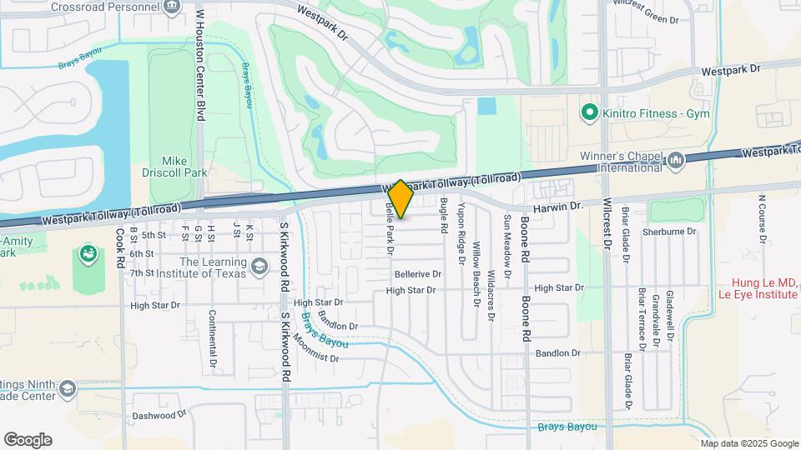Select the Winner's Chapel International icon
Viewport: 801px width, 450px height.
(677, 158)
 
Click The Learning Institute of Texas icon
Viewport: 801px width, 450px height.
(259, 267)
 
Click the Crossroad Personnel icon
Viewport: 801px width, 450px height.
(172, 7)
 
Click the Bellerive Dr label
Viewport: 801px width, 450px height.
(417, 274)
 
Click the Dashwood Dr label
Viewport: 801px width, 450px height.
(159, 415)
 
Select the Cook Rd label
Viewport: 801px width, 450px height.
(121, 247)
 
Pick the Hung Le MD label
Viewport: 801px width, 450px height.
(759, 283)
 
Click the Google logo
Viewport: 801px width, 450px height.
(28, 440)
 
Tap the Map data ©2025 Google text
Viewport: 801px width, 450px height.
(749, 443)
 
